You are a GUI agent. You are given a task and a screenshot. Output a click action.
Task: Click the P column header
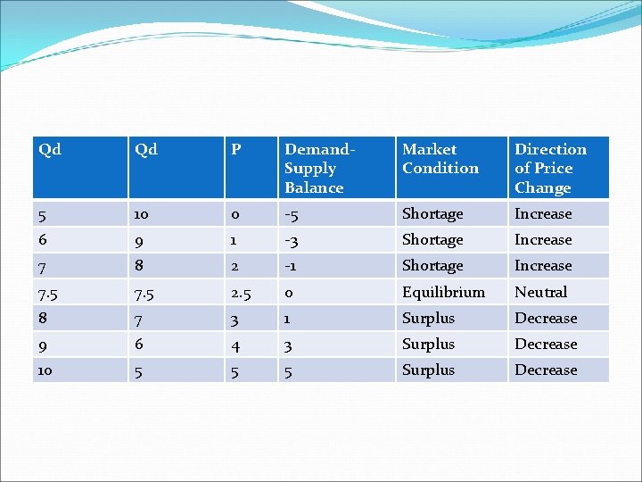tap(236, 150)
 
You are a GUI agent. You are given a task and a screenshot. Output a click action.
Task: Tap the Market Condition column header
tap(440, 159)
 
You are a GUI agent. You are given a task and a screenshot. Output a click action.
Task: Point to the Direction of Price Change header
tap(550, 169)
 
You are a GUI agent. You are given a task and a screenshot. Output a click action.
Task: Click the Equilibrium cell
tap(443, 292)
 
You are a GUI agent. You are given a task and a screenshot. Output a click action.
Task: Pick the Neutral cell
tap(540, 292)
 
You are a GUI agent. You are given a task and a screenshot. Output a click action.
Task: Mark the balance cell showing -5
tap(292, 214)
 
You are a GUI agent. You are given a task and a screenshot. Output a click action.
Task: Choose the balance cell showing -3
tap(292, 240)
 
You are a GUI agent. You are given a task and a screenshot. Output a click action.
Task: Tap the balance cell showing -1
tap(291, 266)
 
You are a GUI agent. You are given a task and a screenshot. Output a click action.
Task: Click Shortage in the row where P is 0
tap(432, 214)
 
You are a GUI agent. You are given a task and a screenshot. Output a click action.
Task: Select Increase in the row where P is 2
tap(543, 266)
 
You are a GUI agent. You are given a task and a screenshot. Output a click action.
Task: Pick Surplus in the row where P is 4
tap(428, 344)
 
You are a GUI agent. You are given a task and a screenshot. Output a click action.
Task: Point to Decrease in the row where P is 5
tap(546, 370)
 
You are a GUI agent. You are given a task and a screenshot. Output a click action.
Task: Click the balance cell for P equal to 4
tap(289, 345)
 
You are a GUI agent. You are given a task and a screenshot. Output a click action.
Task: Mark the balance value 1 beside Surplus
tap(288, 319)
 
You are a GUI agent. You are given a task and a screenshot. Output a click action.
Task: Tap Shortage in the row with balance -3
tap(432, 240)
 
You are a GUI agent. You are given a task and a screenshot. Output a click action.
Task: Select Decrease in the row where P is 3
tap(546, 319)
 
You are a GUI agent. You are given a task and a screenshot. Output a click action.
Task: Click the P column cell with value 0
tap(235, 214)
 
